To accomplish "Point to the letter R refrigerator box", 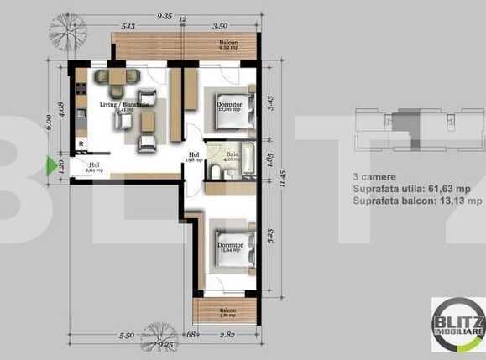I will coord(81,144).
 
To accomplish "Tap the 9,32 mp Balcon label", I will coord(228,46).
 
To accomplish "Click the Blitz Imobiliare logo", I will coord(457,325).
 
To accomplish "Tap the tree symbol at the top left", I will coord(68,33).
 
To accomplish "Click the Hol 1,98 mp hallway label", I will coord(194,157).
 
